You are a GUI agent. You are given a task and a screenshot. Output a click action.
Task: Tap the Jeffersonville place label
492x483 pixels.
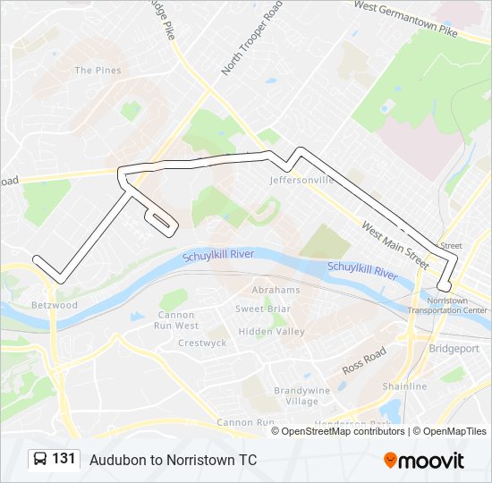(x=301, y=180)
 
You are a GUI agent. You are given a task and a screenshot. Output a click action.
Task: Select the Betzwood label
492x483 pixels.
(x=55, y=305)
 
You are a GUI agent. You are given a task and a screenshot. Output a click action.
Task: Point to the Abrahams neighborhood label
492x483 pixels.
(x=276, y=291)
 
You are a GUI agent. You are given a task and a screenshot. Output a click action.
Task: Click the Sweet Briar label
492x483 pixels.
(x=261, y=309)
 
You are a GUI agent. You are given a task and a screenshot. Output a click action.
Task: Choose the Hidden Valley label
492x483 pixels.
(x=271, y=331)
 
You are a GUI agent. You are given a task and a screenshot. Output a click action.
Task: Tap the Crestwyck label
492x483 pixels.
(x=202, y=343)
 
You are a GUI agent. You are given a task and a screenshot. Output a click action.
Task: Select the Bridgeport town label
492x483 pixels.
(x=454, y=349)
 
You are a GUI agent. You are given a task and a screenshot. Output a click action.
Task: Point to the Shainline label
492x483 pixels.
(x=404, y=386)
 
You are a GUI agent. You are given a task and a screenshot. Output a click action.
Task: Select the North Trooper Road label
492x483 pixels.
(x=252, y=38)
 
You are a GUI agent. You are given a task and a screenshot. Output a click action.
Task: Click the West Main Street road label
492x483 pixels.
(x=395, y=241)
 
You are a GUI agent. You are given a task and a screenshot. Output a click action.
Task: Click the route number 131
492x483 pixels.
(x=64, y=459)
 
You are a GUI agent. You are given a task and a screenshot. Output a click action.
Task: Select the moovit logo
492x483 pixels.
(x=424, y=460)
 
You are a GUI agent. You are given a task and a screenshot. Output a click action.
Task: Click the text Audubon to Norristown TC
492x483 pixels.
(x=173, y=460)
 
